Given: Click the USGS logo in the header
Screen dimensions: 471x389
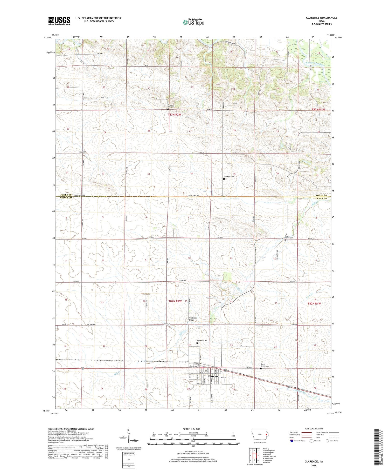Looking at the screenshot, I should point(59,21).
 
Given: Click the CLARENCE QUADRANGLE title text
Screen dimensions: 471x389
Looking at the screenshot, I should point(321,18).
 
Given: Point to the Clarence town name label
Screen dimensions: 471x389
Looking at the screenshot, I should point(213,376).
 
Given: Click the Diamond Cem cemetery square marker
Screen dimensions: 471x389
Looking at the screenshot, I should point(224,179).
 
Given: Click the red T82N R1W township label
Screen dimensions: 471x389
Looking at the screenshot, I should point(314,303).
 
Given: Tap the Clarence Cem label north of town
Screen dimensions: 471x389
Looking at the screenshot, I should point(202,341).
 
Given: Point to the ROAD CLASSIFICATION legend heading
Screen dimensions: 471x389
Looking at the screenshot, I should point(314,429).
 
